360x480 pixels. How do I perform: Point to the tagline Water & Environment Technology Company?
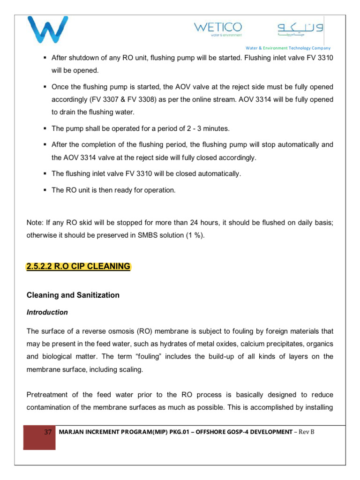click(288, 48)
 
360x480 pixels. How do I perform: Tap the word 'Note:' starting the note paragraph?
click(36, 223)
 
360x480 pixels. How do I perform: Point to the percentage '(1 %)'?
click(194, 235)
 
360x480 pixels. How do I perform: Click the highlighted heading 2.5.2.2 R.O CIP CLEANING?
click(79, 266)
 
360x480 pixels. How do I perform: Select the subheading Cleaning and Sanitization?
click(73, 295)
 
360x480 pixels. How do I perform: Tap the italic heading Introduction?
click(47, 312)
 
